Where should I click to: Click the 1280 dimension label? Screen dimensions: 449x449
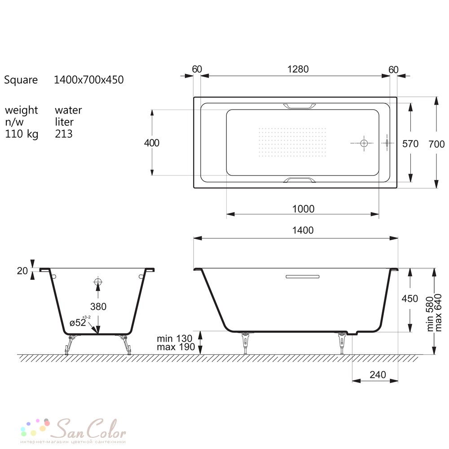298,69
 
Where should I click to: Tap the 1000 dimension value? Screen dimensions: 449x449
303,209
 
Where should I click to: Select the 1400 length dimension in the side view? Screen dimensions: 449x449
303,230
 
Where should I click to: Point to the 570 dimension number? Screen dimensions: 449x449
410,144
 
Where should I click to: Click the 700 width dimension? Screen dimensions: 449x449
436,144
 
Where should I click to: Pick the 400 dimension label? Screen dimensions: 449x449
152,143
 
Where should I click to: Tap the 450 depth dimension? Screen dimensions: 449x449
410,299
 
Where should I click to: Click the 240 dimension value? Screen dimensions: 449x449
378,374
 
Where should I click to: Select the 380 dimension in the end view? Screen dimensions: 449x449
98,307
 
